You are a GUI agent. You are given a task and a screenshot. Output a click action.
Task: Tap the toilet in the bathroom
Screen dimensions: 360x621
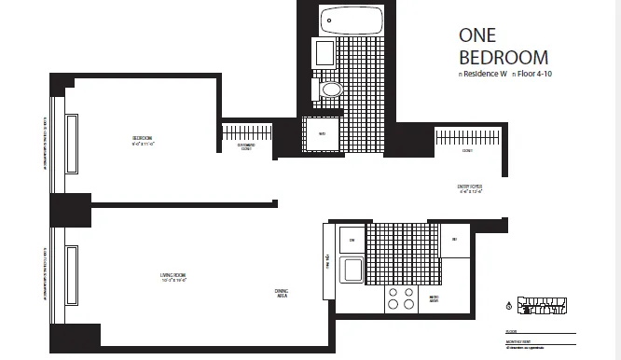coord(332,90)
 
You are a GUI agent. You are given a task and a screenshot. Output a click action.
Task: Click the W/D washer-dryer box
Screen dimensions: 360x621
coord(322,133)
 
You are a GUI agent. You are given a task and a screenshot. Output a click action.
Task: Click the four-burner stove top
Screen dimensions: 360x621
coord(401,298)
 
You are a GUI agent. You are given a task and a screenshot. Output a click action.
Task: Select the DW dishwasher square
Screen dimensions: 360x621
coord(352,240)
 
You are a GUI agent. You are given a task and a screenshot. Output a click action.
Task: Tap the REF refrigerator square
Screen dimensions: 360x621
coord(454,240)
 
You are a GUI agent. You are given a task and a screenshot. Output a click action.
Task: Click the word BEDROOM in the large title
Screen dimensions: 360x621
coord(504,59)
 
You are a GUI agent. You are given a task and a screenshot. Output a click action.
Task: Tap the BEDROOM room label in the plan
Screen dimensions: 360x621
coord(143,141)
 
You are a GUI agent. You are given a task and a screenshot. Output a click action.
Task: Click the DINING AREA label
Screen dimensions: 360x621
coord(282,294)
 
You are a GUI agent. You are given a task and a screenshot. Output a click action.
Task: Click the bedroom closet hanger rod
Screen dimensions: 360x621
coord(246,130)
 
